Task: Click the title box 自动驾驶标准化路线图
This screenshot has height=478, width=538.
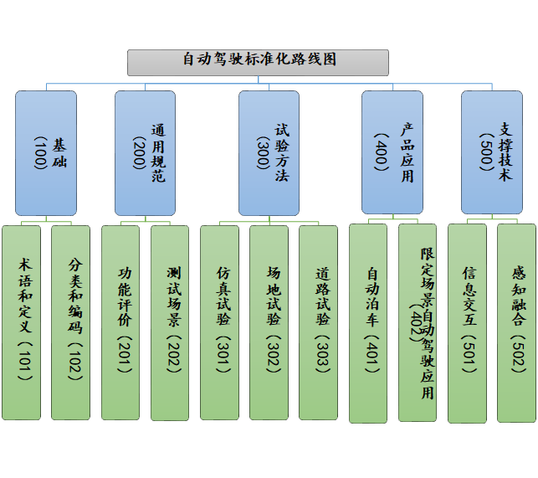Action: pos(258,61)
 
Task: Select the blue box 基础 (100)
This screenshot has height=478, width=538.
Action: pos(46,152)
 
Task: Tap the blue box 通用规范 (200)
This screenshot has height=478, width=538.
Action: pos(145,152)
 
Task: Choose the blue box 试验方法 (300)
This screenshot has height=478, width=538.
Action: pos(269,152)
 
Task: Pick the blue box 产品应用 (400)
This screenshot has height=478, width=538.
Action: pos(392,152)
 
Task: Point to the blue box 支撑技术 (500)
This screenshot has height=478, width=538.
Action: pos(491,152)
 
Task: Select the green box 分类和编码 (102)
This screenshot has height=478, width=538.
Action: pos(70,322)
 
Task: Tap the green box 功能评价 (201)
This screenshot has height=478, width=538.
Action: pos(120,322)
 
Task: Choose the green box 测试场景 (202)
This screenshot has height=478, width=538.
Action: pos(170,322)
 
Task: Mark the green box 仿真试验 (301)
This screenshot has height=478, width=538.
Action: pos(219,322)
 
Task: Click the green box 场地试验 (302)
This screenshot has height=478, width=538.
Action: pos(269,322)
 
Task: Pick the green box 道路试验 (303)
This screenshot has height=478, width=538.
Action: pos(318,322)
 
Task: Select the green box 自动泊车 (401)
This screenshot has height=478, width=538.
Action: pos(367,323)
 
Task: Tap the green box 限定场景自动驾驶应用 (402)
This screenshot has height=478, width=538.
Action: pos(418,322)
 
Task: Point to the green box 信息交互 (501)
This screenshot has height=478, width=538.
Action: pos(467,323)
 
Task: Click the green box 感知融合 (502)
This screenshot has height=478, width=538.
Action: pos(516,322)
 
